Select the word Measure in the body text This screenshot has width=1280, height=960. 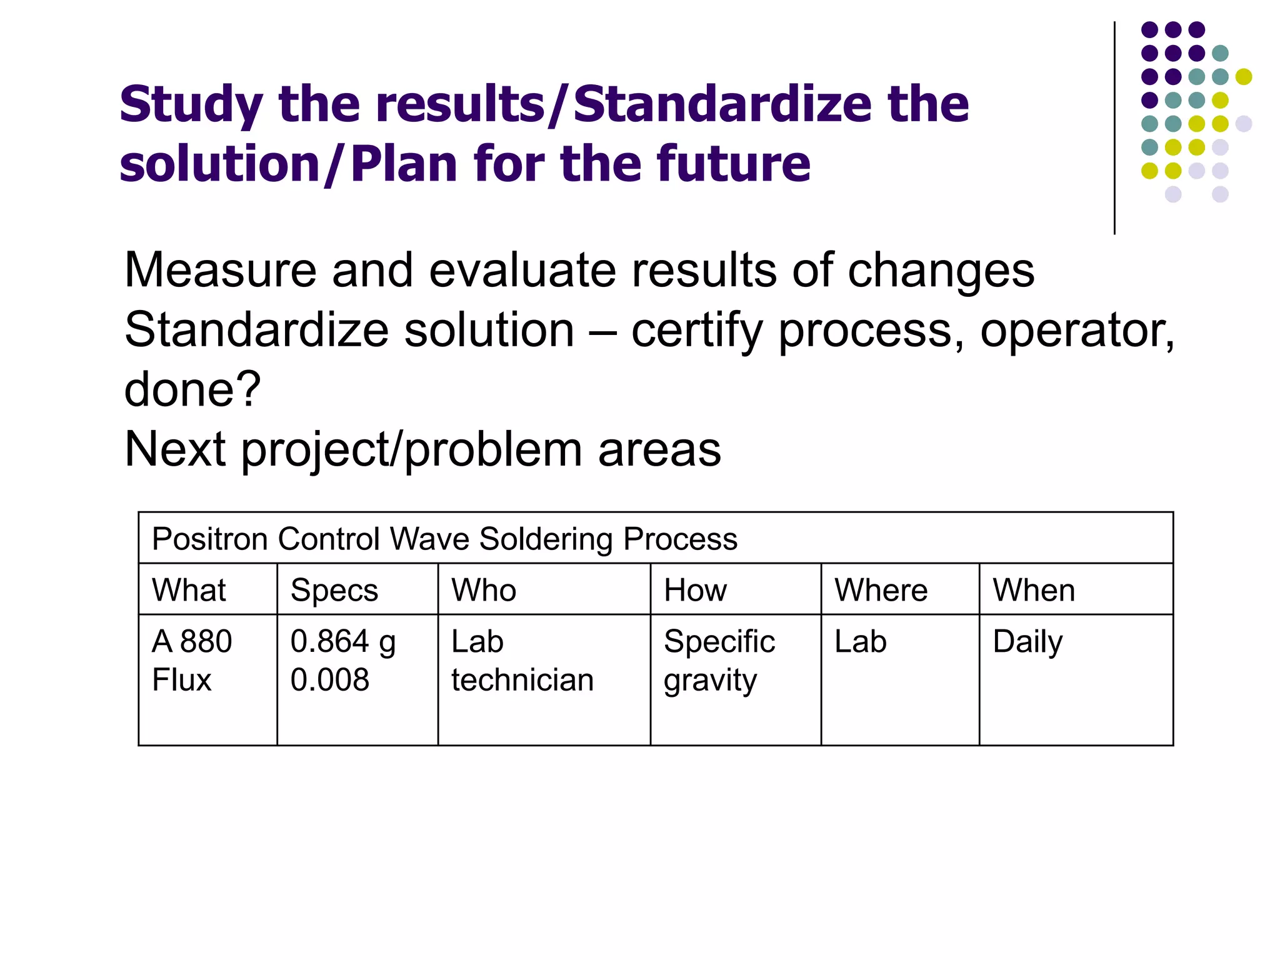[220, 270]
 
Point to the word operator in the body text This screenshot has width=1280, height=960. [1076, 330]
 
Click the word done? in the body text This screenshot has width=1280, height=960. [192, 389]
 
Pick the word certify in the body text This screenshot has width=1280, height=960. [697, 330]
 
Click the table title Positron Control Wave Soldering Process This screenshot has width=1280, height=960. [444, 539]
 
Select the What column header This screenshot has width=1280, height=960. [189, 590]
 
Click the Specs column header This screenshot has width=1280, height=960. [334, 590]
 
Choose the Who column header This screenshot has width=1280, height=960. [484, 590]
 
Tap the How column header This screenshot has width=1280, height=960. [695, 590]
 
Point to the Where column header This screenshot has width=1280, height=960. [881, 590]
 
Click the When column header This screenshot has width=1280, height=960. [1034, 590]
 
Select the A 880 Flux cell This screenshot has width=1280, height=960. [191, 661]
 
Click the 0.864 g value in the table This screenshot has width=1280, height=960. [342, 642]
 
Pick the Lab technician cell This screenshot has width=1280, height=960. [522, 661]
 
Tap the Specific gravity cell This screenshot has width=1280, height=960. [719, 661]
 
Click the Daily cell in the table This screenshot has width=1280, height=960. [1027, 642]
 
